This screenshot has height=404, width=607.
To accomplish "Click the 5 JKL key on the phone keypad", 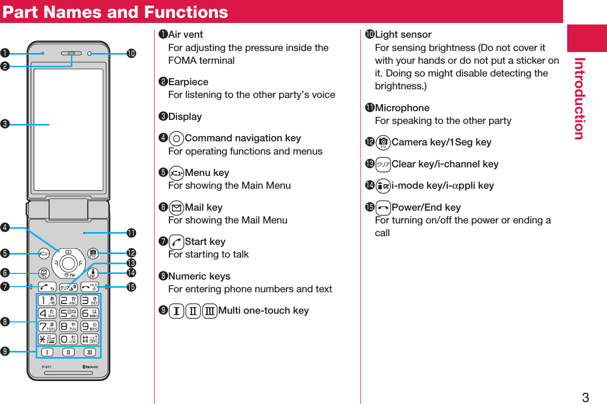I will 68,313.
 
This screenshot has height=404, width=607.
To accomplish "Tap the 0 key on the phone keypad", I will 68,339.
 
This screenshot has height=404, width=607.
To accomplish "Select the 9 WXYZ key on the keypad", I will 90,326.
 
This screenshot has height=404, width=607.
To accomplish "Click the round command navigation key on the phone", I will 67,263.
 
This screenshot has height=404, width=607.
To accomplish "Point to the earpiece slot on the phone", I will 71,53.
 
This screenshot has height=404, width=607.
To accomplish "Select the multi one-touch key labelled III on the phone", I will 89,352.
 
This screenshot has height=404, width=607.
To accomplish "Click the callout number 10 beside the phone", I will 132,53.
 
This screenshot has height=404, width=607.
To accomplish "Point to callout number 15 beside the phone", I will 132,287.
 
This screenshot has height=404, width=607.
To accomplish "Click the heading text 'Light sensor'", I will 403,35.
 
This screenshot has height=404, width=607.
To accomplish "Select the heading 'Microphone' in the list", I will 402,108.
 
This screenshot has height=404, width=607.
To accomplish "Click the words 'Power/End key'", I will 426,208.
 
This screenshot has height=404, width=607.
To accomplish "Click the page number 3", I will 585,397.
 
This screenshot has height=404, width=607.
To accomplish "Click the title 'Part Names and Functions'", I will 115,12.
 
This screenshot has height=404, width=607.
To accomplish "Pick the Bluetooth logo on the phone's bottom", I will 90,367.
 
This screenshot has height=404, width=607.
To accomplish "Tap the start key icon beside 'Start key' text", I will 176,242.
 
